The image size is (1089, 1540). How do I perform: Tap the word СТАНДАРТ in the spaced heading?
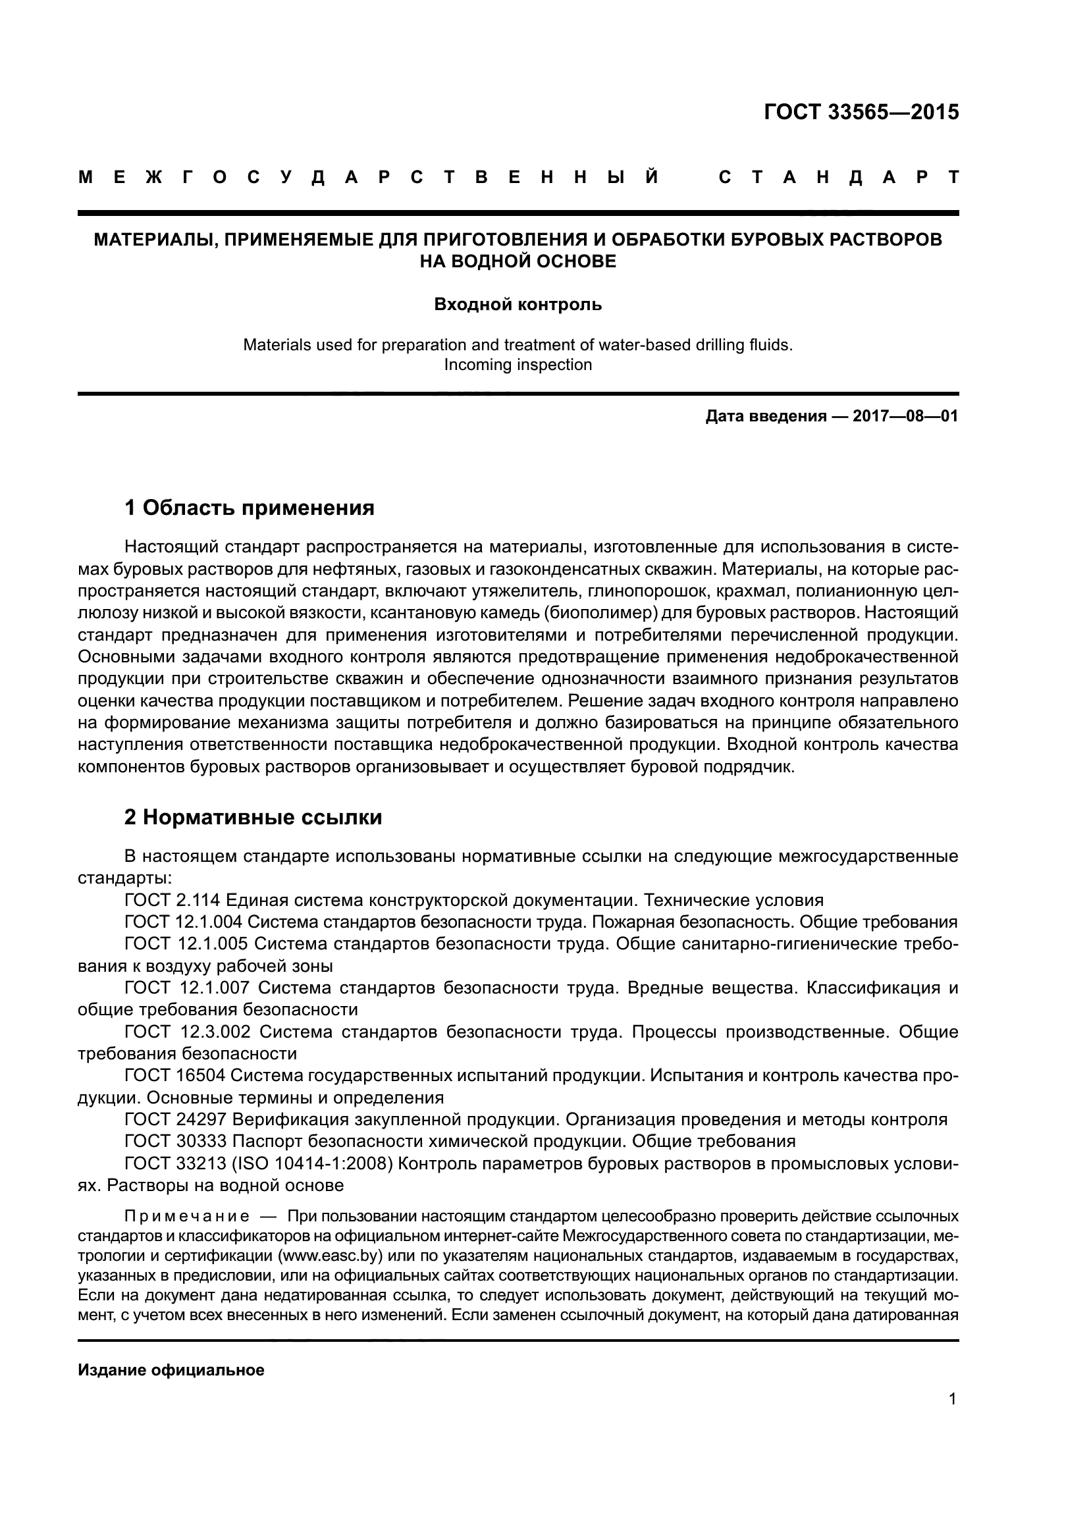838,178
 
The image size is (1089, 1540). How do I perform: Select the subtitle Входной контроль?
518,305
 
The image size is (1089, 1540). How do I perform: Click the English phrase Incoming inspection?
518,365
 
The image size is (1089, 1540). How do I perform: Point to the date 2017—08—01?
905,417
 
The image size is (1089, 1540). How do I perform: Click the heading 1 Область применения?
250,508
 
